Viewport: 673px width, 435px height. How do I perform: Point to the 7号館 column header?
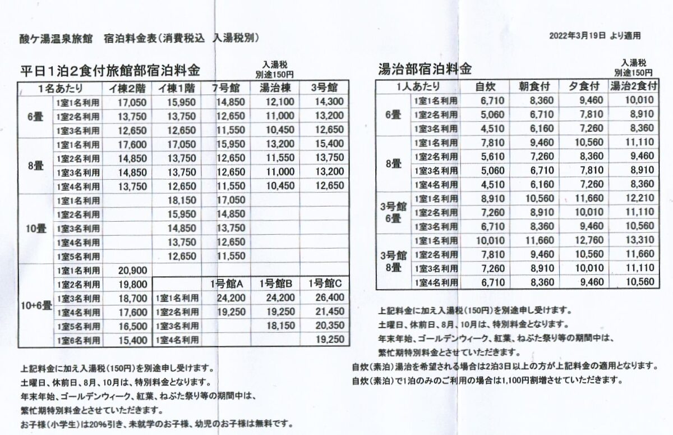point(226,88)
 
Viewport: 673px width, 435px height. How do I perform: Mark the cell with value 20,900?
point(133,270)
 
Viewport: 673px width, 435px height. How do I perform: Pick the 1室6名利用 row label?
point(78,340)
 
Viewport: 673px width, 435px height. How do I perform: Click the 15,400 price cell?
point(133,340)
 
